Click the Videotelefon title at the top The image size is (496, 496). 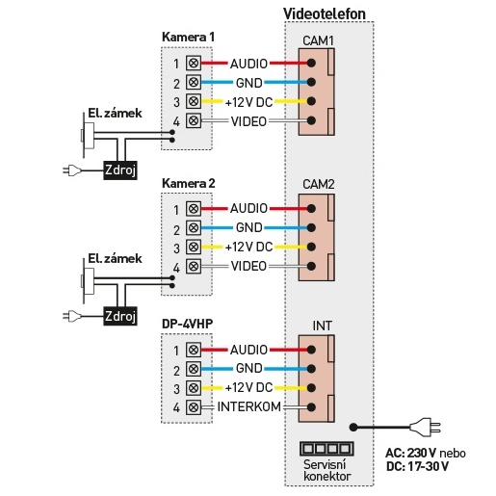[x=325, y=13]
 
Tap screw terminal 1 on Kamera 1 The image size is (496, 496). [x=194, y=63]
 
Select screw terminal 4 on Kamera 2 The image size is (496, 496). [x=194, y=266]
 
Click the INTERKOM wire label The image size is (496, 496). [x=249, y=406]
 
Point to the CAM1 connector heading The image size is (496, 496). [x=318, y=40]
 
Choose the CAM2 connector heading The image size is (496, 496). [x=318, y=184]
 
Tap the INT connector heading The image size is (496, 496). [x=322, y=326]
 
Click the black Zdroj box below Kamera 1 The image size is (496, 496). [x=120, y=170]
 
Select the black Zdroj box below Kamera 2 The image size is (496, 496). [x=120, y=316]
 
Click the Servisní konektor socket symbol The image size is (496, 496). [x=326, y=449]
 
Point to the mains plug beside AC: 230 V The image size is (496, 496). [x=426, y=428]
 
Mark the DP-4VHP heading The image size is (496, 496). [x=187, y=324]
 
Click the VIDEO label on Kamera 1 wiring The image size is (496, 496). [x=248, y=121]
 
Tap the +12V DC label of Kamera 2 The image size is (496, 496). [x=249, y=247]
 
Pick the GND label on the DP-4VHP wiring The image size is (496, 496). [x=249, y=368]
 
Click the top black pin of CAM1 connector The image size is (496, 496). [x=311, y=63]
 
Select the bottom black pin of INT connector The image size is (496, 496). [x=311, y=407]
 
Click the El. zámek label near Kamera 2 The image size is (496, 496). [x=115, y=259]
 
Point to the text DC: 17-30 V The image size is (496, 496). [x=417, y=466]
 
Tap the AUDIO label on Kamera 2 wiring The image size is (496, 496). [x=248, y=208]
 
